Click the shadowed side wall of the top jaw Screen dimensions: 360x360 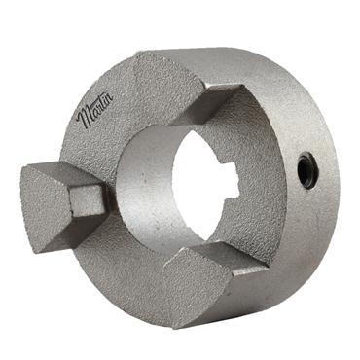[x=219, y=107]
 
